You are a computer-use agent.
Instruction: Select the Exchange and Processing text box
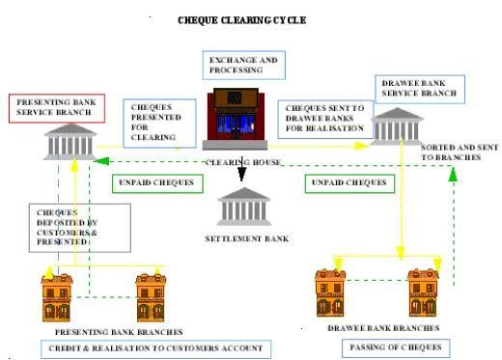point(243,66)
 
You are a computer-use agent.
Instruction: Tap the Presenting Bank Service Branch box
point(55,106)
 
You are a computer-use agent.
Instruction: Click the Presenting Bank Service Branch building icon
point(67,143)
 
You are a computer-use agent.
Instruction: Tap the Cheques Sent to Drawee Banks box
point(322,118)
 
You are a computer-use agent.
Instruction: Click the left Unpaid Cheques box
point(155,181)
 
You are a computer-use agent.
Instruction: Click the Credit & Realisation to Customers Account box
point(154,348)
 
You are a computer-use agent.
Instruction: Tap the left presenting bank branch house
point(56,296)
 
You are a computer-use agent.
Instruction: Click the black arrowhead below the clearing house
point(241,175)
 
